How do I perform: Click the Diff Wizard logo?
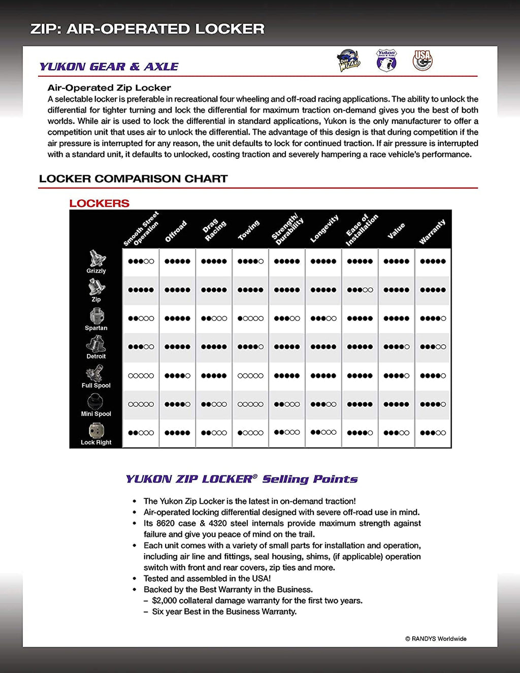tap(349, 60)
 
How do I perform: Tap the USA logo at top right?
tap(422, 60)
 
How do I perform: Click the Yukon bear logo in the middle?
tap(386, 60)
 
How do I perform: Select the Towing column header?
tap(249, 230)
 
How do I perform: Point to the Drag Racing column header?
tap(214, 230)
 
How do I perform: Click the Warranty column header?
tap(432, 232)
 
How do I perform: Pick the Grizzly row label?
tap(96, 271)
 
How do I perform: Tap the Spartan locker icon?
tap(96, 316)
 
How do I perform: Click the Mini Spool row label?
tap(96, 414)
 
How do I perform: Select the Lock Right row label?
tap(96, 442)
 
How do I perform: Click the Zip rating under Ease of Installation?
tap(360, 290)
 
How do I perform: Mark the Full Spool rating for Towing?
tap(250, 376)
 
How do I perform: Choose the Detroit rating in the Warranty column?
tap(433, 347)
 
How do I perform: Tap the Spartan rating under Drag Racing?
tap(214, 318)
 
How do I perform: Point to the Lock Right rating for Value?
tap(396, 433)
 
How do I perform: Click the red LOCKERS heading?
tap(100, 203)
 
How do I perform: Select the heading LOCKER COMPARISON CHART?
tap(134, 179)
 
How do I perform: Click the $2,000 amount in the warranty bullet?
tap(165, 601)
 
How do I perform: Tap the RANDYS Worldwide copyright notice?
tap(436, 639)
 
